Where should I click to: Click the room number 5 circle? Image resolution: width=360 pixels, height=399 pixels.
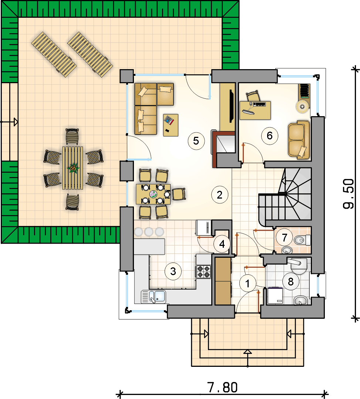(x=196, y=141)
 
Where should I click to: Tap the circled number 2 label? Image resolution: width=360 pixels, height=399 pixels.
(x=219, y=195)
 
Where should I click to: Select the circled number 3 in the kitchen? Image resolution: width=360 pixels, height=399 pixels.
(x=173, y=271)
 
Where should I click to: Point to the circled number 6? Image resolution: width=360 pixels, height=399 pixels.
(x=270, y=136)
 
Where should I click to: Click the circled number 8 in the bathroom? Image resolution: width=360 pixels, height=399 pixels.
(x=290, y=282)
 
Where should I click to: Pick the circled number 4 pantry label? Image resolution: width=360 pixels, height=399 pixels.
(x=222, y=244)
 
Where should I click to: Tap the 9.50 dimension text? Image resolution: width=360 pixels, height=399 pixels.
(x=348, y=194)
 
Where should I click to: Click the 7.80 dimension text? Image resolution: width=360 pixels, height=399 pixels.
(x=223, y=388)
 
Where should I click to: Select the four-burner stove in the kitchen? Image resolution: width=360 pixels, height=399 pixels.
(x=203, y=271)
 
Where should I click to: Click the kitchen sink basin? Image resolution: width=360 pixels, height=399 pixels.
(x=154, y=297)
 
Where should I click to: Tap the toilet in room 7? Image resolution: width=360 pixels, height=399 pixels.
(x=302, y=240)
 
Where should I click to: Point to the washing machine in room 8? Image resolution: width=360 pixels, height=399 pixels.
(x=276, y=295)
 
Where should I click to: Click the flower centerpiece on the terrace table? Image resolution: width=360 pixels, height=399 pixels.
(x=73, y=168)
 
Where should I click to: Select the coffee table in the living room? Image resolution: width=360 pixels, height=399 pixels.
(x=171, y=125)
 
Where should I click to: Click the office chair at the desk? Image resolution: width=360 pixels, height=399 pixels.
(x=253, y=96)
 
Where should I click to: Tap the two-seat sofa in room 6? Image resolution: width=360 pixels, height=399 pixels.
(x=299, y=140)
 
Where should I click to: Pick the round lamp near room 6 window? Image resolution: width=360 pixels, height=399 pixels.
(x=302, y=106)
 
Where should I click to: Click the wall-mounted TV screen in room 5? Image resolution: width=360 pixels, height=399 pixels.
(x=232, y=106)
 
